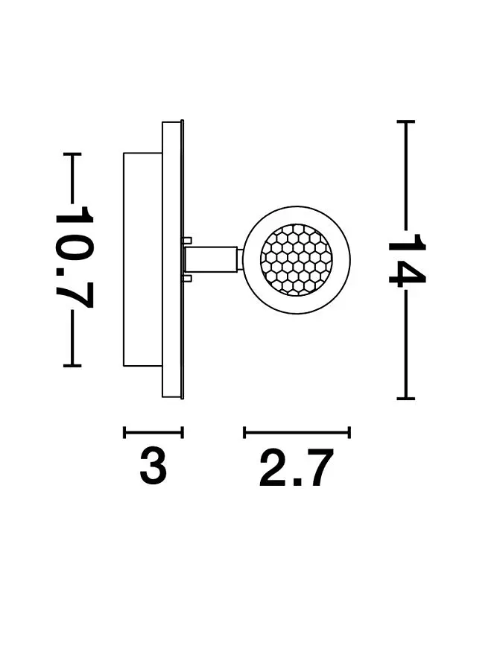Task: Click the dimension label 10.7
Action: point(74,257)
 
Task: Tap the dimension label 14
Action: point(406,261)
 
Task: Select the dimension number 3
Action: point(153,465)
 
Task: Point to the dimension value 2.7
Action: point(297,468)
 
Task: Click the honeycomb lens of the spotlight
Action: point(297,260)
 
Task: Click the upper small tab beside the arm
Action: point(187,241)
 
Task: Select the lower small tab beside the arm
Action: point(187,278)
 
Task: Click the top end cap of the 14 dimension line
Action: point(406,121)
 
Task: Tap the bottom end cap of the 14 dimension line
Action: point(406,399)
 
